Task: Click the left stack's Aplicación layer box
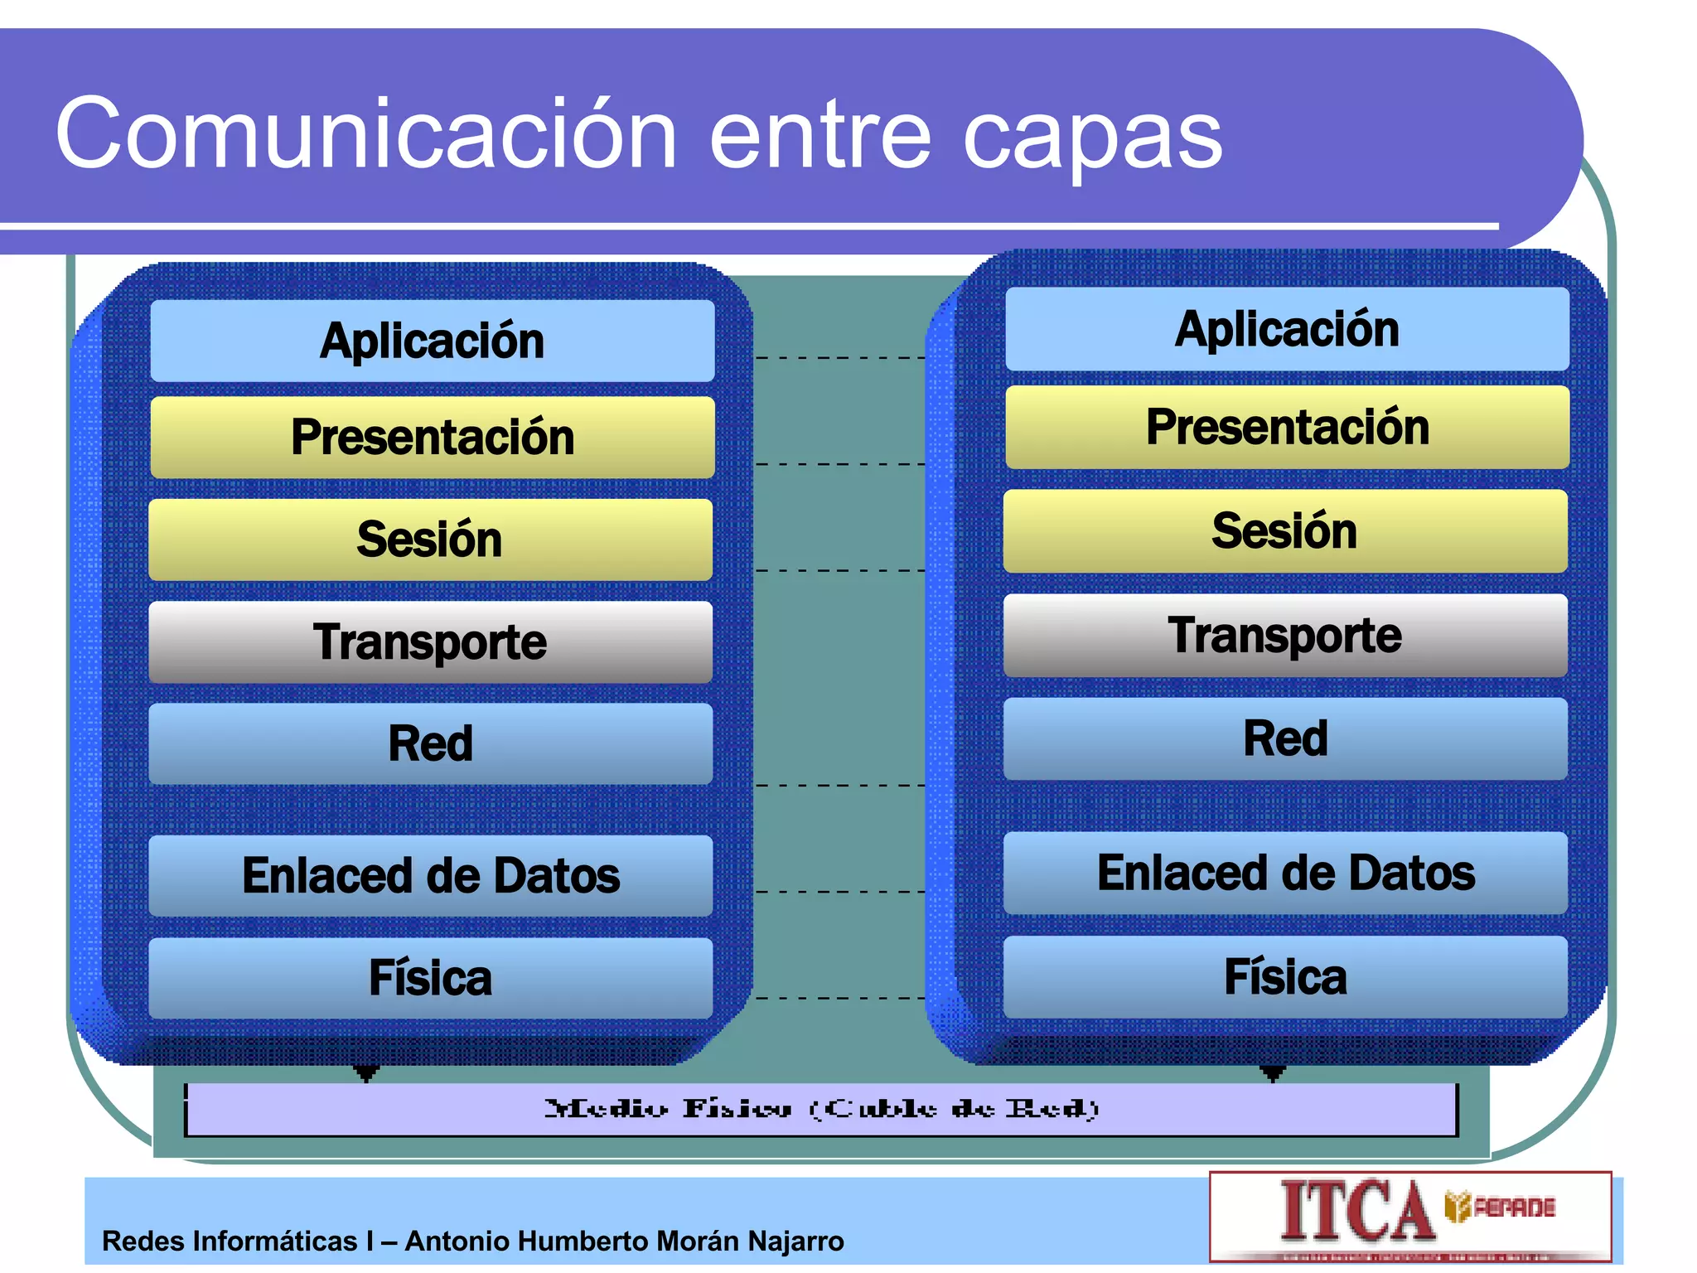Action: point(432,341)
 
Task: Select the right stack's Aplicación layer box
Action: point(1287,329)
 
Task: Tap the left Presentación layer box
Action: point(432,437)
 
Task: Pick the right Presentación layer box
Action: point(1287,427)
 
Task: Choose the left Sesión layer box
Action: point(430,540)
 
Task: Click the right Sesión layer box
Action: point(1285,530)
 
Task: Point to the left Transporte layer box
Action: point(430,642)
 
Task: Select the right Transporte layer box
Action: point(1285,635)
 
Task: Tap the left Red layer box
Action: point(430,743)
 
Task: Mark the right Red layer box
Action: point(1285,738)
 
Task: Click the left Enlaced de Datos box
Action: point(430,875)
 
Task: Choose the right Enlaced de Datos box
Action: point(1285,873)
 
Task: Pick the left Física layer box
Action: point(430,978)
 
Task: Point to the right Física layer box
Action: point(1285,976)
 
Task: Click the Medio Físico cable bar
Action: point(820,1109)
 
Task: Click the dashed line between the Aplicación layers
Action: point(839,358)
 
